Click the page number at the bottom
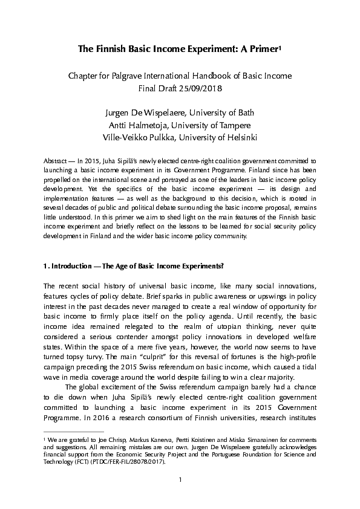pos(180,497)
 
